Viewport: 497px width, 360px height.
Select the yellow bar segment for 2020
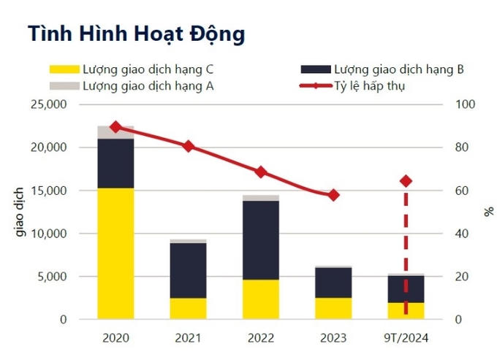point(115,253)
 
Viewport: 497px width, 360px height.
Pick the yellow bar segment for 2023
point(333,308)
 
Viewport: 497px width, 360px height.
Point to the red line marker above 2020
point(115,127)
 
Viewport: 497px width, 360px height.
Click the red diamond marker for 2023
point(333,195)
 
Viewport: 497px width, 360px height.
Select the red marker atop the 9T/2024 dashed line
point(406,181)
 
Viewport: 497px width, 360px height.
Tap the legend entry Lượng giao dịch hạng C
point(131,70)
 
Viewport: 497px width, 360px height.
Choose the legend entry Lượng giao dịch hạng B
point(383,70)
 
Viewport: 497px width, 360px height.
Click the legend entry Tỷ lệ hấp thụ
point(369,86)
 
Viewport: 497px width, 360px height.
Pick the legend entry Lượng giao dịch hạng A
point(131,86)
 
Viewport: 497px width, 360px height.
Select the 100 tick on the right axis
point(465,104)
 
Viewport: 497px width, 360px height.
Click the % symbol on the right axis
point(488,212)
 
